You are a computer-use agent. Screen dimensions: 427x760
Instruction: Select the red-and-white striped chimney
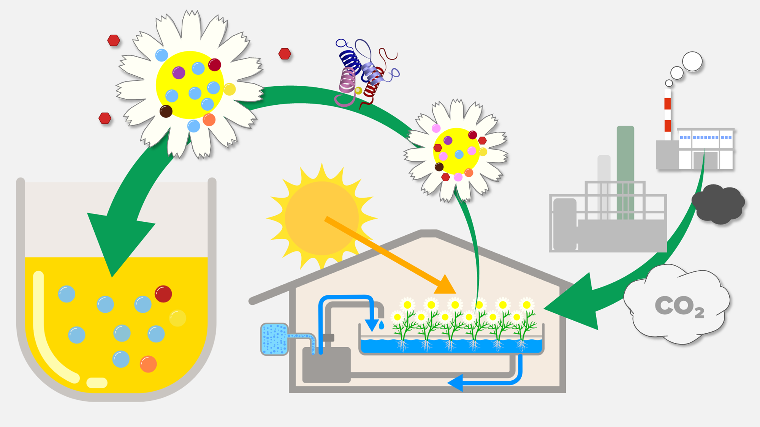668,114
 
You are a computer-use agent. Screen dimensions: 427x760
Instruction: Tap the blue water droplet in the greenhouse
381,325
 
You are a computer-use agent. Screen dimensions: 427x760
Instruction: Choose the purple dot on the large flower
179,72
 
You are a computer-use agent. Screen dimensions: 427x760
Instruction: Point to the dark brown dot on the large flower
166,111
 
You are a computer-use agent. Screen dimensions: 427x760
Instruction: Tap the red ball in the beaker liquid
163,294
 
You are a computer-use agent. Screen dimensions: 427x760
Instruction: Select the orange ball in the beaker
148,364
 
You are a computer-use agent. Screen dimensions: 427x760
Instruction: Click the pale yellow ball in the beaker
177,318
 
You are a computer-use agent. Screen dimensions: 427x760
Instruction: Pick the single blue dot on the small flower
459,154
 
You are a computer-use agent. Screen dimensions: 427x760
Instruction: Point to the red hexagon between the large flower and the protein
285,54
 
